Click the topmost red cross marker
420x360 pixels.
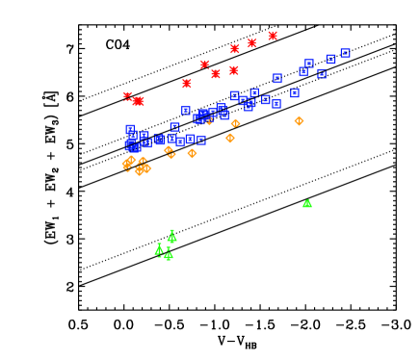click(273, 36)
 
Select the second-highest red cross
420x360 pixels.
click(252, 43)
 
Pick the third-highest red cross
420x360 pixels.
click(234, 49)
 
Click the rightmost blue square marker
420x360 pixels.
click(345, 54)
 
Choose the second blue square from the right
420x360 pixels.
click(330, 60)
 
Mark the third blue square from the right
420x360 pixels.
click(322, 73)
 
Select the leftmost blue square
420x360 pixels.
click(130, 129)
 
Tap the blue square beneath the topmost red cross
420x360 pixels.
click(277, 79)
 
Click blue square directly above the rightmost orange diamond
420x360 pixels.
click(295, 93)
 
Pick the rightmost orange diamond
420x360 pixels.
click(299, 121)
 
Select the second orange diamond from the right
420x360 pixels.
click(235, 123)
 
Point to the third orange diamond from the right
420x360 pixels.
click(230, 139)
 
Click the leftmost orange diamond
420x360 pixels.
click(127, 165)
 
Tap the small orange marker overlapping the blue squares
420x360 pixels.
click(209, 121)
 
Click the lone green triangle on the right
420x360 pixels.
click(307, 204)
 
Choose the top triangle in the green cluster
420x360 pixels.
click(172, 236)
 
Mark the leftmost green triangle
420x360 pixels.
click(159, 250)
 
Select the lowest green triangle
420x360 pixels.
click(169, 256)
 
